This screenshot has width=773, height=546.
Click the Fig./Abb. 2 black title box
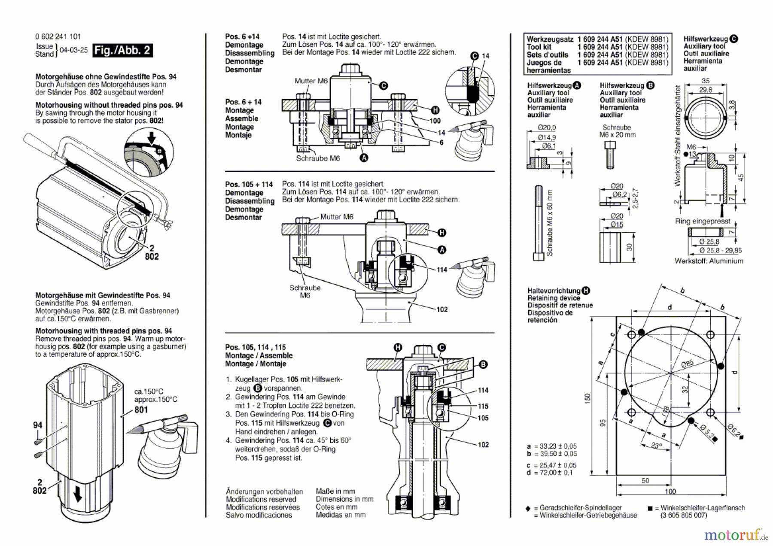[122, 50]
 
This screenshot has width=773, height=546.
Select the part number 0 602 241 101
[58, 37]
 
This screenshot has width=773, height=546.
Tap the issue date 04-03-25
[73, 50]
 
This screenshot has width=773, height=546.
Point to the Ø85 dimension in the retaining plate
[687, 364]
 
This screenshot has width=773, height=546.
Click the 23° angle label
[656, 446]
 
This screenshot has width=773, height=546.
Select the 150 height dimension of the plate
[587, 398]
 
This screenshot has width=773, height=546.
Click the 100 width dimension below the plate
[670, 491]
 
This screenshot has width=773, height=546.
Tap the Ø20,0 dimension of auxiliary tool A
[547, 127]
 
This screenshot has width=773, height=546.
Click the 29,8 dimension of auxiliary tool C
[705, 90]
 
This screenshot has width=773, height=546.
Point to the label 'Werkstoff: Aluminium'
[709, 261]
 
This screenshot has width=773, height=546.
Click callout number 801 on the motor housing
[141, 409]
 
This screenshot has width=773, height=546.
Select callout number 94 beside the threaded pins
[38, 425]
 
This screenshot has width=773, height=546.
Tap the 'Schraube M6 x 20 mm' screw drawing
[610, 155]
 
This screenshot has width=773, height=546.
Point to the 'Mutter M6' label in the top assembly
[311, 81]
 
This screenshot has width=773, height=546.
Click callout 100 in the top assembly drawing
[435, 121]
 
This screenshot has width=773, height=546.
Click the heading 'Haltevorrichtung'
[554, 291]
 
